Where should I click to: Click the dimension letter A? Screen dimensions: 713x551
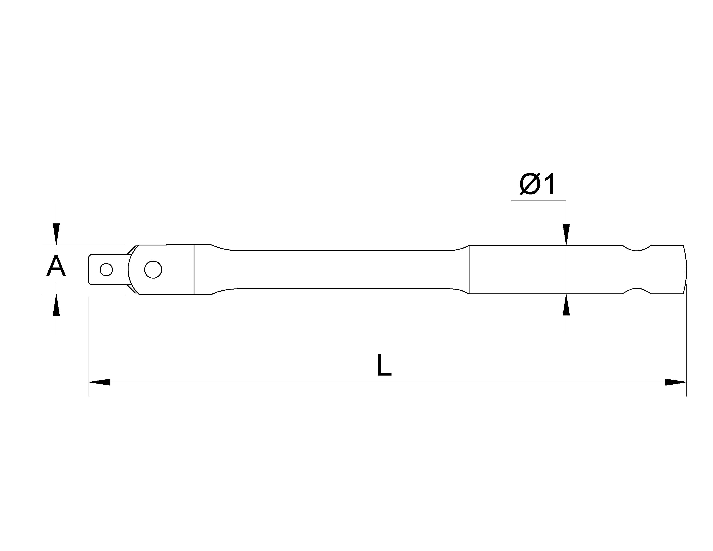click(56, 266)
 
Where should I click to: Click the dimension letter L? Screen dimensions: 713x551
click(384, 365)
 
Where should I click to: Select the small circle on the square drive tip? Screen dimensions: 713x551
click(107, 270)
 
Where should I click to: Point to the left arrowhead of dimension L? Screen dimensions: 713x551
click(100, 382)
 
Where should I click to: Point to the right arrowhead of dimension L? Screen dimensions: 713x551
click(676, 382)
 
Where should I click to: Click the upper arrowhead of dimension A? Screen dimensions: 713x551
click(56, 234)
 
